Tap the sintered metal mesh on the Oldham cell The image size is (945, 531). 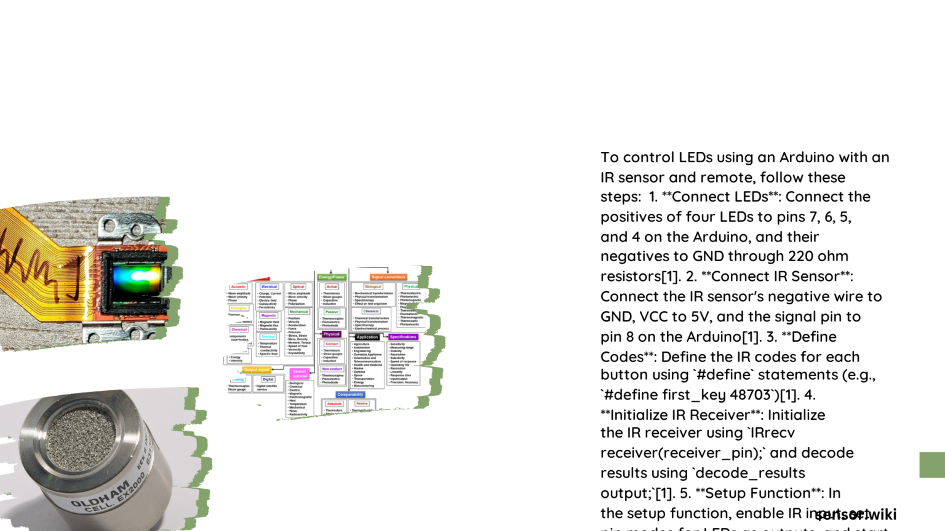point(80,436)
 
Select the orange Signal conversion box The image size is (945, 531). point(388,277)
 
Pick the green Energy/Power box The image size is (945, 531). point(332,277)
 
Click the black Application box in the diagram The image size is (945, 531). point(367,337)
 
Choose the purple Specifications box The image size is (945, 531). point(403,337)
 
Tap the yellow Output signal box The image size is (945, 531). point(257,370)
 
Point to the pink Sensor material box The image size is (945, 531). point(300,374)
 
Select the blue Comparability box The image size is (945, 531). point(350,395)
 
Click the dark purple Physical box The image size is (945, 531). point(332,334)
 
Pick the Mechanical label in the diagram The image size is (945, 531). point(299,312)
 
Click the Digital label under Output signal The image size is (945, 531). point(268,379)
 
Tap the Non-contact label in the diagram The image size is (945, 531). point(332,369)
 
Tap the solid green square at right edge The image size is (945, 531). point(932,465)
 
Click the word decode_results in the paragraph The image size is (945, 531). point(749,473)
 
